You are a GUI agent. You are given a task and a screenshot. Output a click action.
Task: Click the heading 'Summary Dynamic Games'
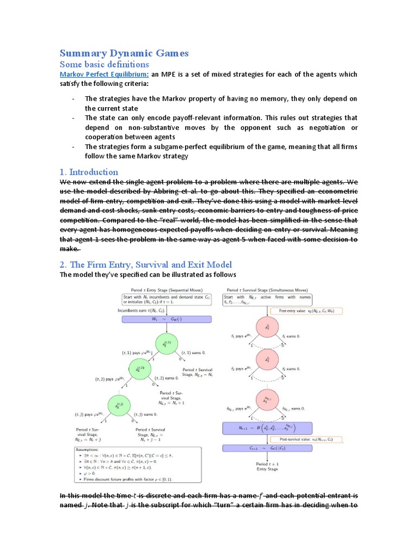coord(124,53)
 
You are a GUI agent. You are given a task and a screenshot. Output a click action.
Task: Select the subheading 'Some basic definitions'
coord(103,64)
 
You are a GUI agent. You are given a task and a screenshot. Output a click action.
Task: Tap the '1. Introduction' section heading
coord(88,172)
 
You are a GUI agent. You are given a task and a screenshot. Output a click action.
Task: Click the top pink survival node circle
coord(267,326)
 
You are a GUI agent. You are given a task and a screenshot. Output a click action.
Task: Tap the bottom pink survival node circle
coord(267,401)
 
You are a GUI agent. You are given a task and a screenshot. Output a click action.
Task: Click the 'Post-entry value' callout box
coord(310,312)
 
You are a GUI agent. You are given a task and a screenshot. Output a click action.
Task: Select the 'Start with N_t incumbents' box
coord(167,300)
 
